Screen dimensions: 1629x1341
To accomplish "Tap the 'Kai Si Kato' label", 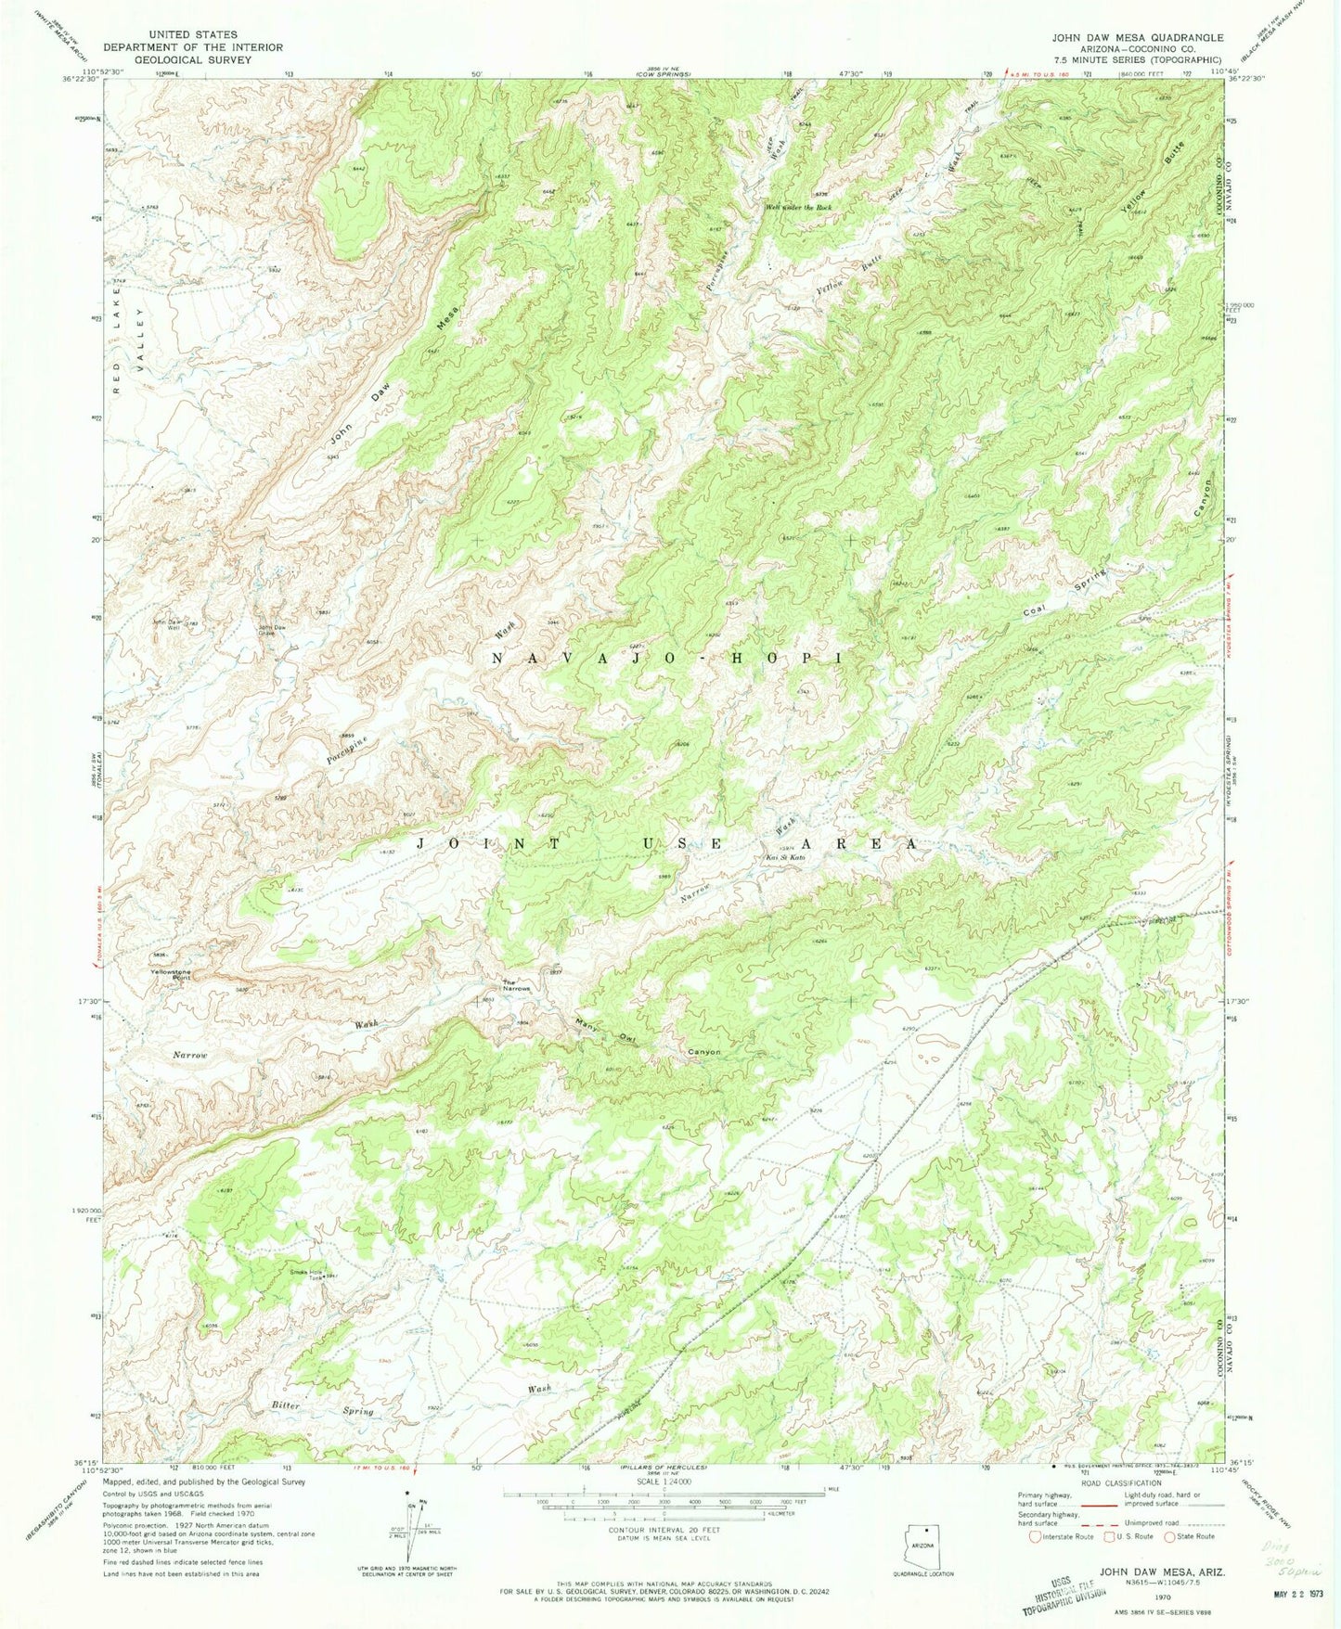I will tap(784, 856).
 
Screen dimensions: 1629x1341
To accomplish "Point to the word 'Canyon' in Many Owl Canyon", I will tap(704, 1052).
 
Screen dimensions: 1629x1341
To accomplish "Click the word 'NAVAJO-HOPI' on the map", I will tap(665, 658).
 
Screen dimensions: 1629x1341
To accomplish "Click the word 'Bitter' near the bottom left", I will tap(286, 1405).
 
